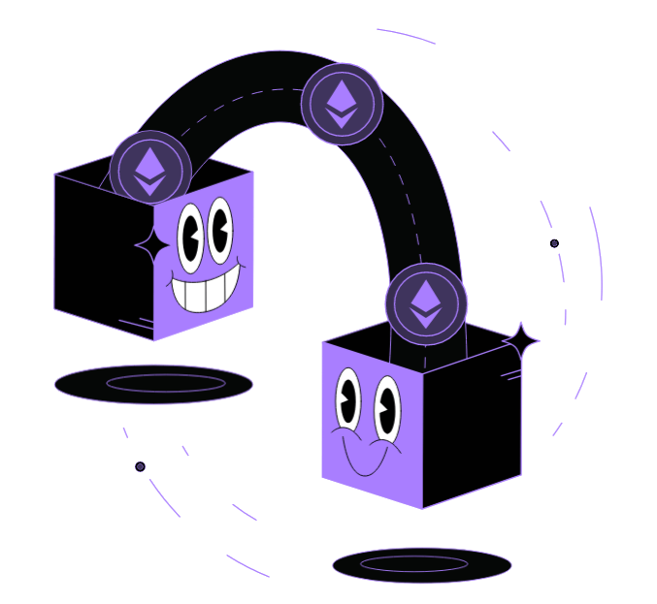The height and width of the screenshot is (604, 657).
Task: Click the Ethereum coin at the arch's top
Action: click(342, 104)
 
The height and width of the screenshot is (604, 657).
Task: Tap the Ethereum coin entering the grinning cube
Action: click(148, 169)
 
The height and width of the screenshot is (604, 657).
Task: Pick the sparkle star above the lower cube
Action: click(521, 338)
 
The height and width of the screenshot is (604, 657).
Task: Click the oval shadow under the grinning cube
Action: click(153, 384)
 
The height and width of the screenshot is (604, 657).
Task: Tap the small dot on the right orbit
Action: click(554, 243)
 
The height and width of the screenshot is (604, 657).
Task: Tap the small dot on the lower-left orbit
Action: click(140, 466)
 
